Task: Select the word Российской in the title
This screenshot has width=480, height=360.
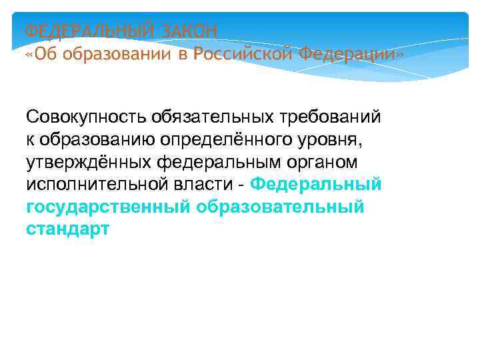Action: pos(242,53)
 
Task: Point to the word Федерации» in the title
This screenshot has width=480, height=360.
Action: pos(351,53)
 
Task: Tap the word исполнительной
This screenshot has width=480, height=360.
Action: pos(87,185)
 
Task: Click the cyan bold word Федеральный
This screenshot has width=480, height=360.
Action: pos(317,185)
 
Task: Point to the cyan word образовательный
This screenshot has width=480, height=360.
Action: pos(281,207)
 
